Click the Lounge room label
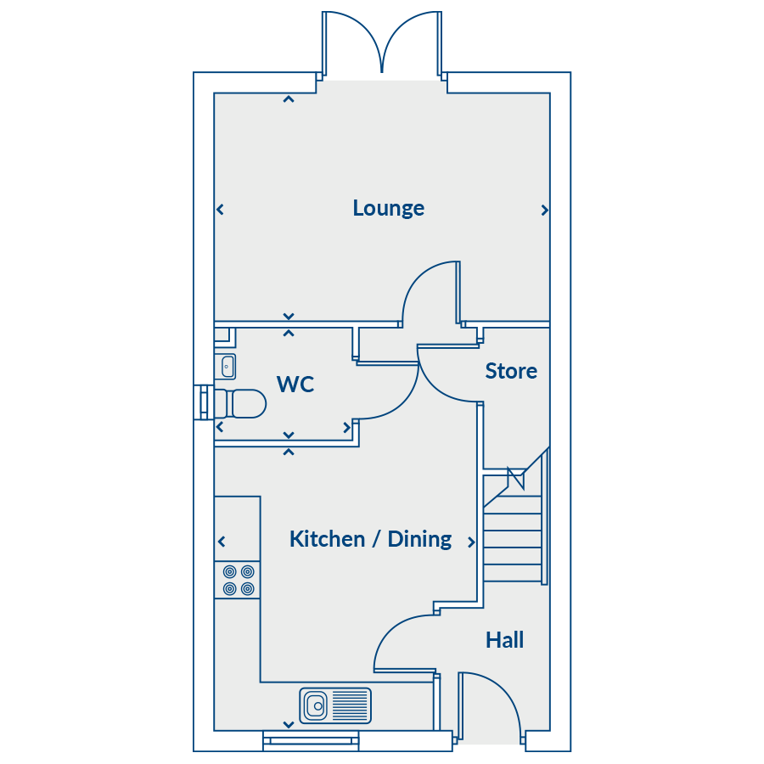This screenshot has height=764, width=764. pos(388,208)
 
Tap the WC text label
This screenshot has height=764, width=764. pos(295,385)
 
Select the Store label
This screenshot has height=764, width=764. pos(511,371)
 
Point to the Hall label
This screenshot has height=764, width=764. pos(504,640)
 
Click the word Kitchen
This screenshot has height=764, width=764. pos(327,539)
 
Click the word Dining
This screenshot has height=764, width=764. pos(419,539)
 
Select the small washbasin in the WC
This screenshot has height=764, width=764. pos(228,367)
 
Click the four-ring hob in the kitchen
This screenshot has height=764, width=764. pos(238,580)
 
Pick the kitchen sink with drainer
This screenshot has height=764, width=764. pos(335,705)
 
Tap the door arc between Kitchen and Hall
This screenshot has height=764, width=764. pos(400,638)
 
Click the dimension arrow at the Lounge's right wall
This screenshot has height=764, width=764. pos(544,210)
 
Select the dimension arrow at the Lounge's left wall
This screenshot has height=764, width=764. pos(220,209)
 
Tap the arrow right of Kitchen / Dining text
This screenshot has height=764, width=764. pos(472,542)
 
